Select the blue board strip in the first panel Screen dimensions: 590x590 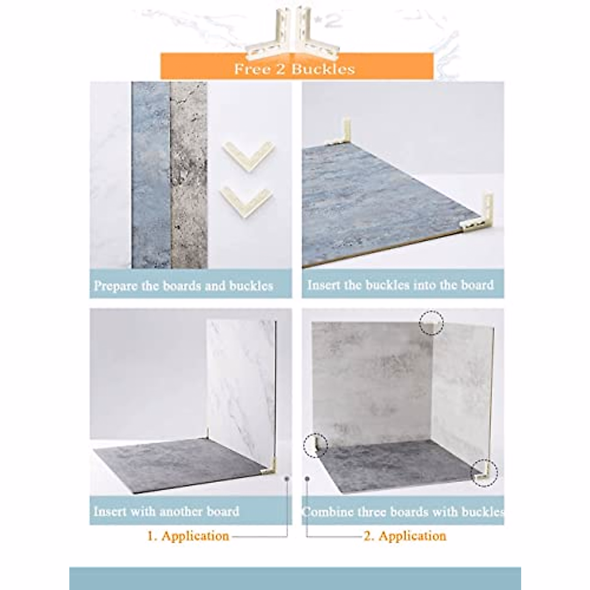pos(151,175)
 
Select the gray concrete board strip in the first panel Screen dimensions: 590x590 pos(188,175)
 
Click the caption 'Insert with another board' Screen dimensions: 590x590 pos(166,511)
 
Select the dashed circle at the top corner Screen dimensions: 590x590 pos(431,323)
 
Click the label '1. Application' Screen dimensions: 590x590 pos(188,536)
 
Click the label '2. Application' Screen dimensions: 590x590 pos(405,536)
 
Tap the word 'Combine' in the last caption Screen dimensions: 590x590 pos(327,512)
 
